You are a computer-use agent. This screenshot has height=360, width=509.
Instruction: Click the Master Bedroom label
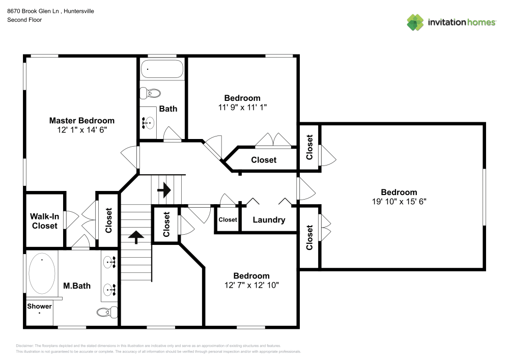click(81, 121)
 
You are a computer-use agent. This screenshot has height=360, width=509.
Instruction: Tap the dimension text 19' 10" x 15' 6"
click(399, 201)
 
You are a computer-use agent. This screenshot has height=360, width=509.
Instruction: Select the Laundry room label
click(268, 220)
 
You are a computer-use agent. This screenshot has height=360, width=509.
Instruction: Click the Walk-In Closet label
click(45, 221)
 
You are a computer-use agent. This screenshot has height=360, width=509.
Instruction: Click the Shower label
click(39, 306)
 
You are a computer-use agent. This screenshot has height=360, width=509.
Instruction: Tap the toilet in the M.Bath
click(105, 312)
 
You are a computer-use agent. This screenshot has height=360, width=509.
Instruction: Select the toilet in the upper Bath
click(151, 93)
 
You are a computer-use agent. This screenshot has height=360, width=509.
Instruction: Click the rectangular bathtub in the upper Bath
click(162, 68)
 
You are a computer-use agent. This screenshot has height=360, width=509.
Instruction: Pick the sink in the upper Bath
click(148, 122)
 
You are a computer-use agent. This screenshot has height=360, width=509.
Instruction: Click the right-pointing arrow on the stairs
click(164, 191)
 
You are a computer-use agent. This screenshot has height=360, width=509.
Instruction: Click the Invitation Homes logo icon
click(415, 22)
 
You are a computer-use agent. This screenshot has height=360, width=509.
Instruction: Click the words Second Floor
click(24, 20)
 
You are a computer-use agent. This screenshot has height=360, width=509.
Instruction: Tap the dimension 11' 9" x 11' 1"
click(242, 107)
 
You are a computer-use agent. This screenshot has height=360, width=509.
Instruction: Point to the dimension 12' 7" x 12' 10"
click(251, 285)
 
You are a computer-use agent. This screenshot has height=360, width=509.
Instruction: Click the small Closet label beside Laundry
click(228, 220)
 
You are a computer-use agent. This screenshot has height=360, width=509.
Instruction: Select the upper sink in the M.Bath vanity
click(110, 263)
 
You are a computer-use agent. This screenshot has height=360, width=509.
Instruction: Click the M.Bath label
click(77, 286)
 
